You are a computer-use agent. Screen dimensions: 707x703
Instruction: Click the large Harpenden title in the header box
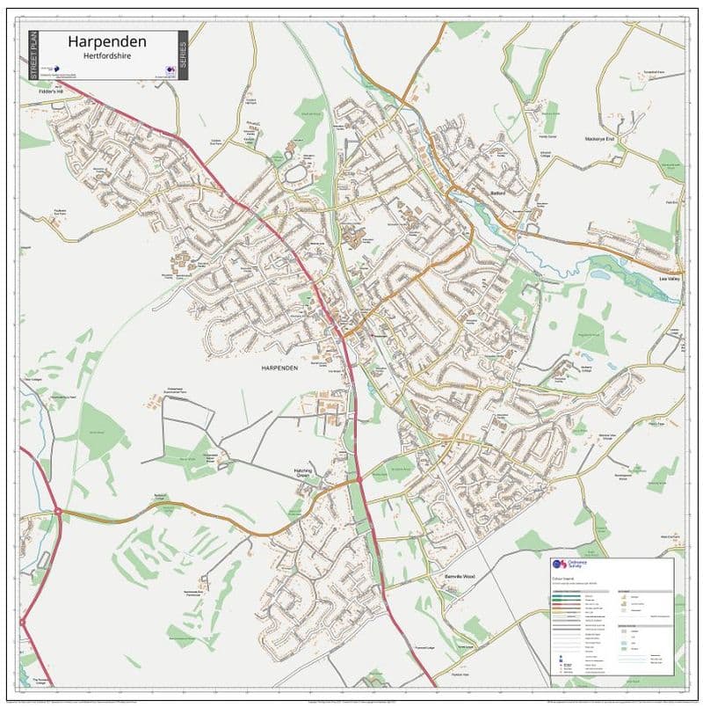point(107,41)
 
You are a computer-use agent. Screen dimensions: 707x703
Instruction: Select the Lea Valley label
point(670,280)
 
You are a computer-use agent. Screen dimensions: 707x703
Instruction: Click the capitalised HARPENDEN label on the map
point(279,368)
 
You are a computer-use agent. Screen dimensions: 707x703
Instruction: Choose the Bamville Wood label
point(459,576)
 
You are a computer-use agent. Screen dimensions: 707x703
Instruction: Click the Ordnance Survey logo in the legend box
point(560,565)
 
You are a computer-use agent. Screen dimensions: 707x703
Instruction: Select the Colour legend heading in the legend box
point(563,580)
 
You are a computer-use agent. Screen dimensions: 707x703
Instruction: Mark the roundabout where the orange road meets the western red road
point(58,510)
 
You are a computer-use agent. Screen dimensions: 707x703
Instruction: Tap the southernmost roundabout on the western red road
point(24,623)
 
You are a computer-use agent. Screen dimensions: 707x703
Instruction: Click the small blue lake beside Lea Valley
point(601,273)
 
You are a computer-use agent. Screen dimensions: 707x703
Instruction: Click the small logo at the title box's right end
point(169,69)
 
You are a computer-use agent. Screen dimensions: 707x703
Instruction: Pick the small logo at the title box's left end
point(52,69)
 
